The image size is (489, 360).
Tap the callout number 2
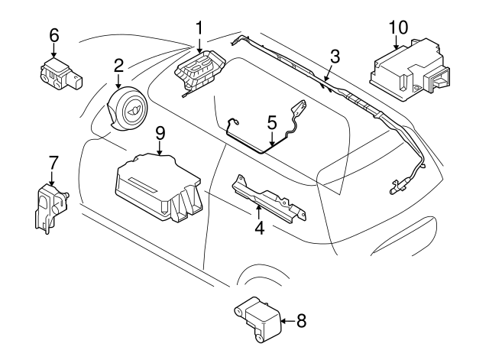(x=119, y=65)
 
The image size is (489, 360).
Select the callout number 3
(x=334, y=55)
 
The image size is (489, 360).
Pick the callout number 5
(x=271, y=122)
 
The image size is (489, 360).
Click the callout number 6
(x=53, y=34)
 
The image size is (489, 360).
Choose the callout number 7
(x=53, y=162)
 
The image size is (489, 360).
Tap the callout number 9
(x=159, y=132)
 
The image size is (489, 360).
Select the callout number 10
(x=398, y=28)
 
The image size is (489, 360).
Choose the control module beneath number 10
(x=404, y=73)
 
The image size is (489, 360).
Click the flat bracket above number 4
(x=264, y=196)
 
